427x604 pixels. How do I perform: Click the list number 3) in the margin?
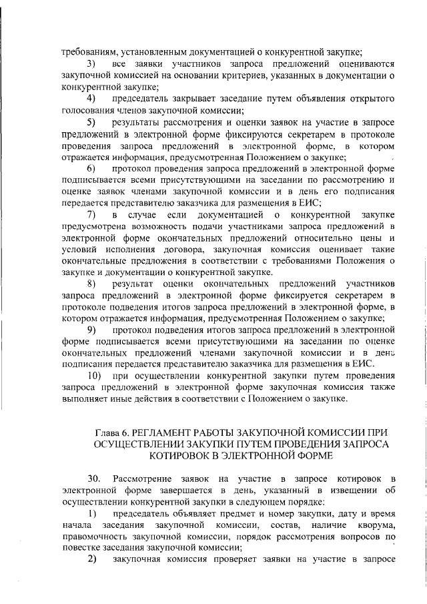pos(93,63)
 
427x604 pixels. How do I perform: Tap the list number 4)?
pos(93,99)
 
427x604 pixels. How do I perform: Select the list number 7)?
pos(93,214)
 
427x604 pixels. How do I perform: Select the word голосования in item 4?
pos(87,111)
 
